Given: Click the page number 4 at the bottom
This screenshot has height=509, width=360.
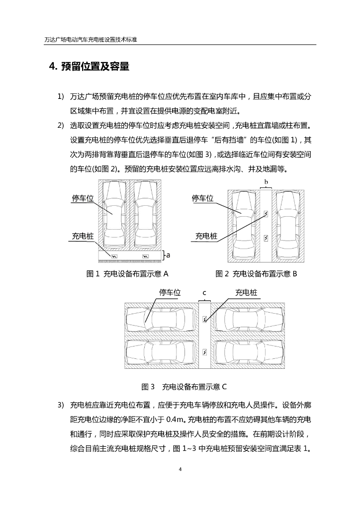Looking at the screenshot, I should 180,469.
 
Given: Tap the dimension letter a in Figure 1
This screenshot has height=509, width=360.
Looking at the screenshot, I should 168,255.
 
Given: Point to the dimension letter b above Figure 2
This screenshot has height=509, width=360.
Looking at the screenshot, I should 266,182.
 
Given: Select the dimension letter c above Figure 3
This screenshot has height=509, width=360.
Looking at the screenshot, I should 205,293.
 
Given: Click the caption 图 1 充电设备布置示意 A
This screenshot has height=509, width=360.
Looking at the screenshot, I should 128,273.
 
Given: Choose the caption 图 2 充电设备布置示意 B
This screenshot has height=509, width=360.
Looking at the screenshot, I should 256,273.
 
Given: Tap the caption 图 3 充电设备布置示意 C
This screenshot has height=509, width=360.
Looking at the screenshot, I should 184,386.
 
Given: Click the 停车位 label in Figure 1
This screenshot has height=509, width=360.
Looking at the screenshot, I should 83,198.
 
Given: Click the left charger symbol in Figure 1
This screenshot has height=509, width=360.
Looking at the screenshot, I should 114,256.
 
